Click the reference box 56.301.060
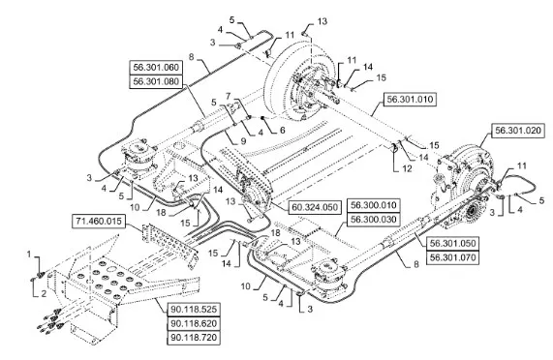[156, 68]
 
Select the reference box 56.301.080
[156, 81]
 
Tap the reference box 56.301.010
[410, 100]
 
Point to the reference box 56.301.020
[518, 131]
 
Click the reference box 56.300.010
[374, 205]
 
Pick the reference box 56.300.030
[374, 219]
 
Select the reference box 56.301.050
[453, 244]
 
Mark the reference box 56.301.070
[453, 257]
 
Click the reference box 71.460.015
[99, 222]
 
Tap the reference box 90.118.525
[194, 310]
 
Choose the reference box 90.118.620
[194, 323]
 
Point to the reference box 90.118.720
[194, 338]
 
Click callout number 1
[29, 254]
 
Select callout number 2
[44, 293]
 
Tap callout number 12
[407, 168]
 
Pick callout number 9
[243, 141]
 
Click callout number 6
[282, 130]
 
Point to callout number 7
[229, 96]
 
